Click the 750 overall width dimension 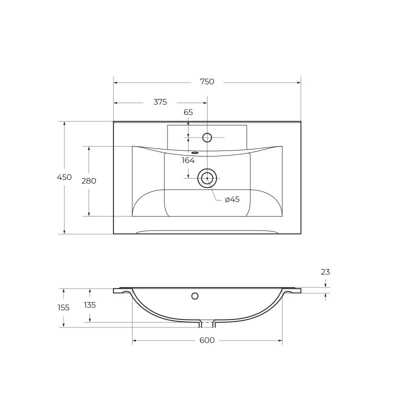pyautogui.click(x=207, y=82)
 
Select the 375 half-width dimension pyautogui.click(x=160, y=102)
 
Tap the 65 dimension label pyautogui.click(x=188, y=112)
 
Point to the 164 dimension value pyautogui.click(x=188, y=160)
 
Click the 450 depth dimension pyautogui.click(x=64, y=177)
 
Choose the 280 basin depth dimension pyautogui.click(x=88, y=181)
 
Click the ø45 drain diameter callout pyautogui.click(x=232, y=199)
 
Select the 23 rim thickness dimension pyautogui.click(x=325, y=272)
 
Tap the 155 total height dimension pyautogui.click(x=63, y=308)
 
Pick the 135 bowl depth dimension pyautogui.click(x=89, y=305)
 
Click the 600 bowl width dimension pyautogui.click(x=207, y=340)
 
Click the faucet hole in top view pyautogui.click(x=207, y=137)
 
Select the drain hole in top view pyautogui.click(x=207, y=178)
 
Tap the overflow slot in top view pyautogui.click(x=194, y=152)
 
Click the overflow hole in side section pyautogui.click(x=195, y=296)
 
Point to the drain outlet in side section pyautogui.click(x=207, y=324)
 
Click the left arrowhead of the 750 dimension pyautogui.click(x=115, y=82)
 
